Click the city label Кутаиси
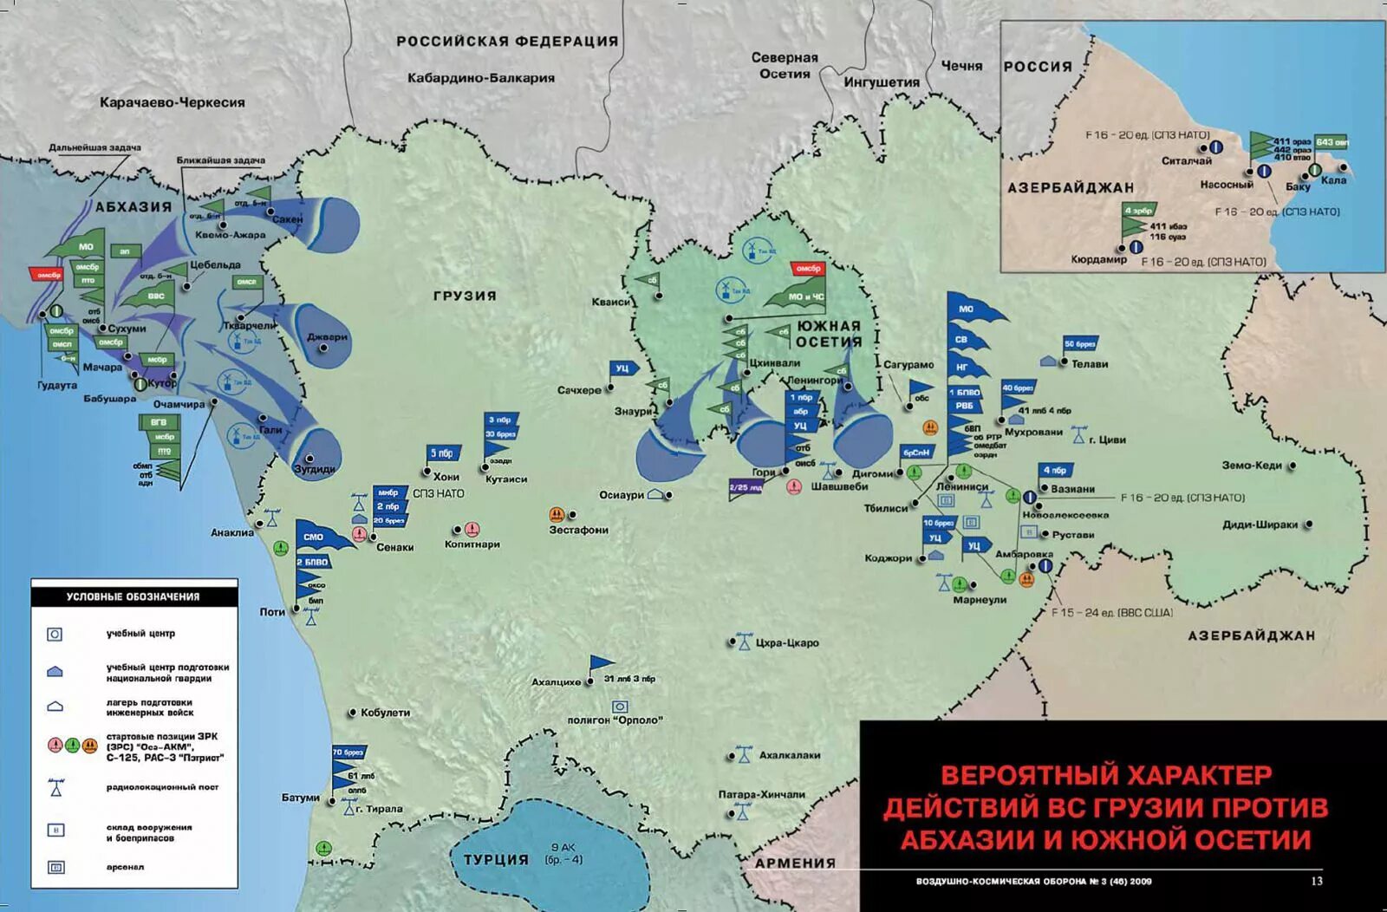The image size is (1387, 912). click(506, 479)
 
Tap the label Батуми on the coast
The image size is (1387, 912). click(300, 797)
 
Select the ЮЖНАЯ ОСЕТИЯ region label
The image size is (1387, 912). click(829, 334)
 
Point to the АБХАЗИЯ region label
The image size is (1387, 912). click(133, 206)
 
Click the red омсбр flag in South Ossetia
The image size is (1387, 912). click(807, 269)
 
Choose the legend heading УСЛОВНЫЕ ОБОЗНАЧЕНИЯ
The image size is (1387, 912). click(133, 596)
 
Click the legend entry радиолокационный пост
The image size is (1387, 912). click(162, 787)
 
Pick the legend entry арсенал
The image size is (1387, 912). click(126, 867)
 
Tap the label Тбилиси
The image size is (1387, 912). click(885, 508)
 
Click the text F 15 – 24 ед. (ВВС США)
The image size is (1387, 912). click(1111, 612)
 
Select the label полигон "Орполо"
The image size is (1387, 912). click(615, 720)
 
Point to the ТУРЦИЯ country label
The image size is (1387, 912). click(496, 859)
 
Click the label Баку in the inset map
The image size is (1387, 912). click(1298, 186)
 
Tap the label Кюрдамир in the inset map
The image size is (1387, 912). click(1098, 259)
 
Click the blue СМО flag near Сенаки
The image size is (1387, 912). click(314, 537)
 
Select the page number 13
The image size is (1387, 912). click(1316, 881)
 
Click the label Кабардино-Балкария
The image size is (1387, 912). click(481, 78)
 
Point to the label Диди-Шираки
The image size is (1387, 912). click(1260, 524)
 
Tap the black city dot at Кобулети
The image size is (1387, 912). click(353, 713)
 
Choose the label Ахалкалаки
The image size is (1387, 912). click(789, 755)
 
